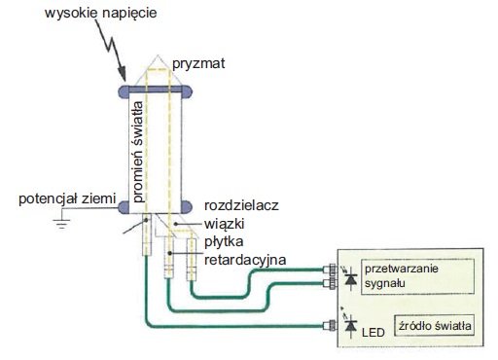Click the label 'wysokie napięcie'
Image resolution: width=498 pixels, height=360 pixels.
click(100, 14)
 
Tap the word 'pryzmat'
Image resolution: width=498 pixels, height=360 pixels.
click(198, 63)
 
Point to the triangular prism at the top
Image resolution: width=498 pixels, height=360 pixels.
click(158, 71)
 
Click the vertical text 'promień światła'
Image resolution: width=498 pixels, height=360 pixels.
click(138, 152)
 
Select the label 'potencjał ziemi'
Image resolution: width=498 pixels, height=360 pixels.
click(67, 198)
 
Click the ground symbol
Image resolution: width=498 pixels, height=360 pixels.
click(61, 224)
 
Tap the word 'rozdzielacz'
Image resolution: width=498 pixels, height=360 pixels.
click(241, 205)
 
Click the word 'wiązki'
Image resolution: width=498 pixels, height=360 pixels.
click(225, 224)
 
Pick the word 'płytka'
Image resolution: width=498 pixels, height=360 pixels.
click(224, 241)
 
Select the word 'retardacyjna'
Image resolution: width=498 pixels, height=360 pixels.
click(245, 260)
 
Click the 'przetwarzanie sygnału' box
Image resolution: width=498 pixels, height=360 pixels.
click(417, 276)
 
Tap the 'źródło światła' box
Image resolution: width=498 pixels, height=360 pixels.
click(435, 325)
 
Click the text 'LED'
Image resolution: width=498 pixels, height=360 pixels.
click(373, 333)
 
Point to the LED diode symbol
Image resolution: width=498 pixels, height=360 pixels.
click(350, 325)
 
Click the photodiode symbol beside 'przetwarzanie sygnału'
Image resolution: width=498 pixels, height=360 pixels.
click(351, 278)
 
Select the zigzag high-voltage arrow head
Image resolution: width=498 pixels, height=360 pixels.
click(122, 74)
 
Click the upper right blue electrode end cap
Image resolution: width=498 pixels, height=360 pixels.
click(187, 91)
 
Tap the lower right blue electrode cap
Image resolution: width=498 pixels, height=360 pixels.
click(187, 207)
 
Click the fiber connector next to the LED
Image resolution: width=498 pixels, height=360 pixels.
click(330, 326)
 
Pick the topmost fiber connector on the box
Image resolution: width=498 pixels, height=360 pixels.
click(330, 270)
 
